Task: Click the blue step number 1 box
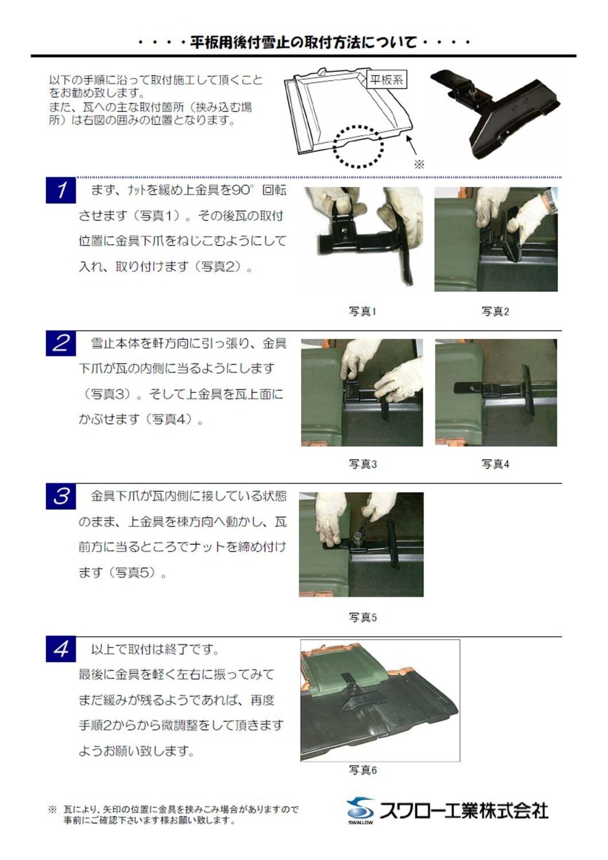point(61,190)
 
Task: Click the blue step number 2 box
point(61,343)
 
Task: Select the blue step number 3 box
point(61,496)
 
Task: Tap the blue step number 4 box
point(61,649)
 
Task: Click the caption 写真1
point(362,312)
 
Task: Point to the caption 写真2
point(495,312)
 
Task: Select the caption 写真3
point(362,464)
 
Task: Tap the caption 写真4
point(495,464)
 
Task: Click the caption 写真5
point(362,617)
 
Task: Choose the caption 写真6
point(362,770)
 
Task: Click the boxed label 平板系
point(387,80)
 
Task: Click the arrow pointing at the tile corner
point(412,144)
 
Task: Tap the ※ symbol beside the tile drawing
point(419,165)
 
